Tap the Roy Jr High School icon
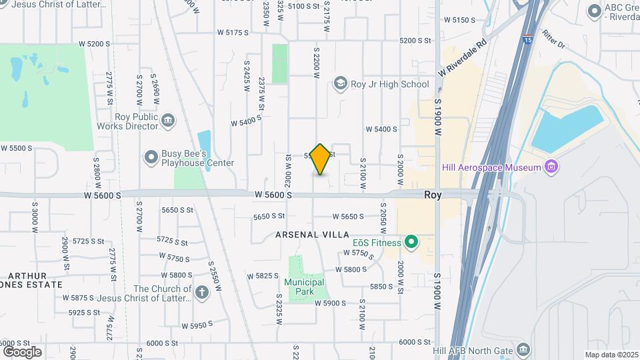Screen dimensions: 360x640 (x=341, y=84)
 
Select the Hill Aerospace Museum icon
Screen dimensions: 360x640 (x=551, y=167)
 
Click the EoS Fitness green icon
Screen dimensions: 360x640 (x=411, y=242)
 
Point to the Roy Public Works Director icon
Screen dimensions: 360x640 (x=168, y=121)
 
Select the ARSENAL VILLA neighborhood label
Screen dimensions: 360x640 (x=313, y=235)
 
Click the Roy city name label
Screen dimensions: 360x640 (x=433, y=195)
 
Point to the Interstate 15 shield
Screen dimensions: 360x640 (x=527, y=39)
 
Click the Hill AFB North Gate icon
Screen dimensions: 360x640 (x=523, y=350)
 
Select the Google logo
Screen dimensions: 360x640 (x=21, y=351)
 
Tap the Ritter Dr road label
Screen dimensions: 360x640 (x=553, y=40)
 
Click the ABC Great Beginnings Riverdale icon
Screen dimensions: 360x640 (x=594, y=11)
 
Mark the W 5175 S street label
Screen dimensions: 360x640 (x=232, y=31)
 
